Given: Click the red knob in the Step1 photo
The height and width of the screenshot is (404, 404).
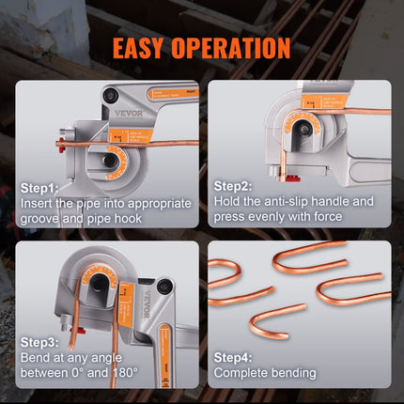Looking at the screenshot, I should [59, 145].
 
